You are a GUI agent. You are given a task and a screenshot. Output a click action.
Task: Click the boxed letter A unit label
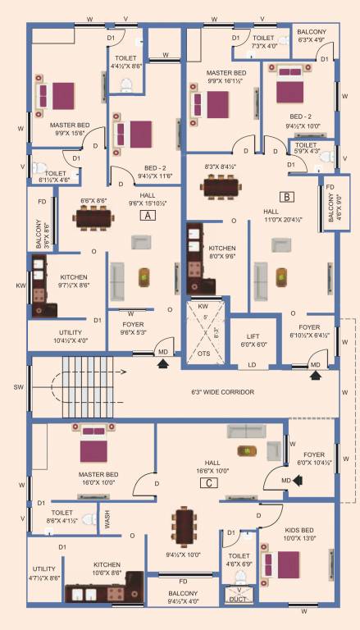coord(147,216)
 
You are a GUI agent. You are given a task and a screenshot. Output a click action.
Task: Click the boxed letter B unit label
coord(287,197)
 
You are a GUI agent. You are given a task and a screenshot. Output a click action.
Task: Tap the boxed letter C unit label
coord(211,482)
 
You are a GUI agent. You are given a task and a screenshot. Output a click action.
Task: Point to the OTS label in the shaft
coord(204,354)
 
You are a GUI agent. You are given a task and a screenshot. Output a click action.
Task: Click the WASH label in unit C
coord(106,518)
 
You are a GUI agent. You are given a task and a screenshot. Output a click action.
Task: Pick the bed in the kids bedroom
coord(286,567)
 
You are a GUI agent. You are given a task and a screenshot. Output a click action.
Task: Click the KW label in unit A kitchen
coord(20,286)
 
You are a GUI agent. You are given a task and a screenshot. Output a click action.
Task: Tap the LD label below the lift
coord(253,365)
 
